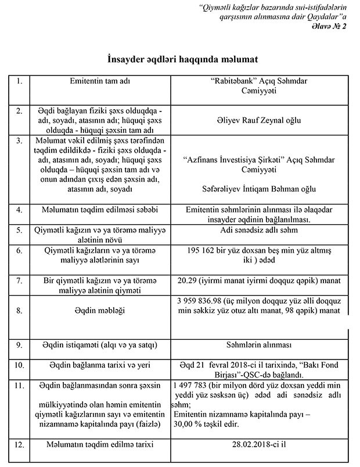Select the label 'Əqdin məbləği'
(97, 311)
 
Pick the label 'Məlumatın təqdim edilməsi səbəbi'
(97, 209)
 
